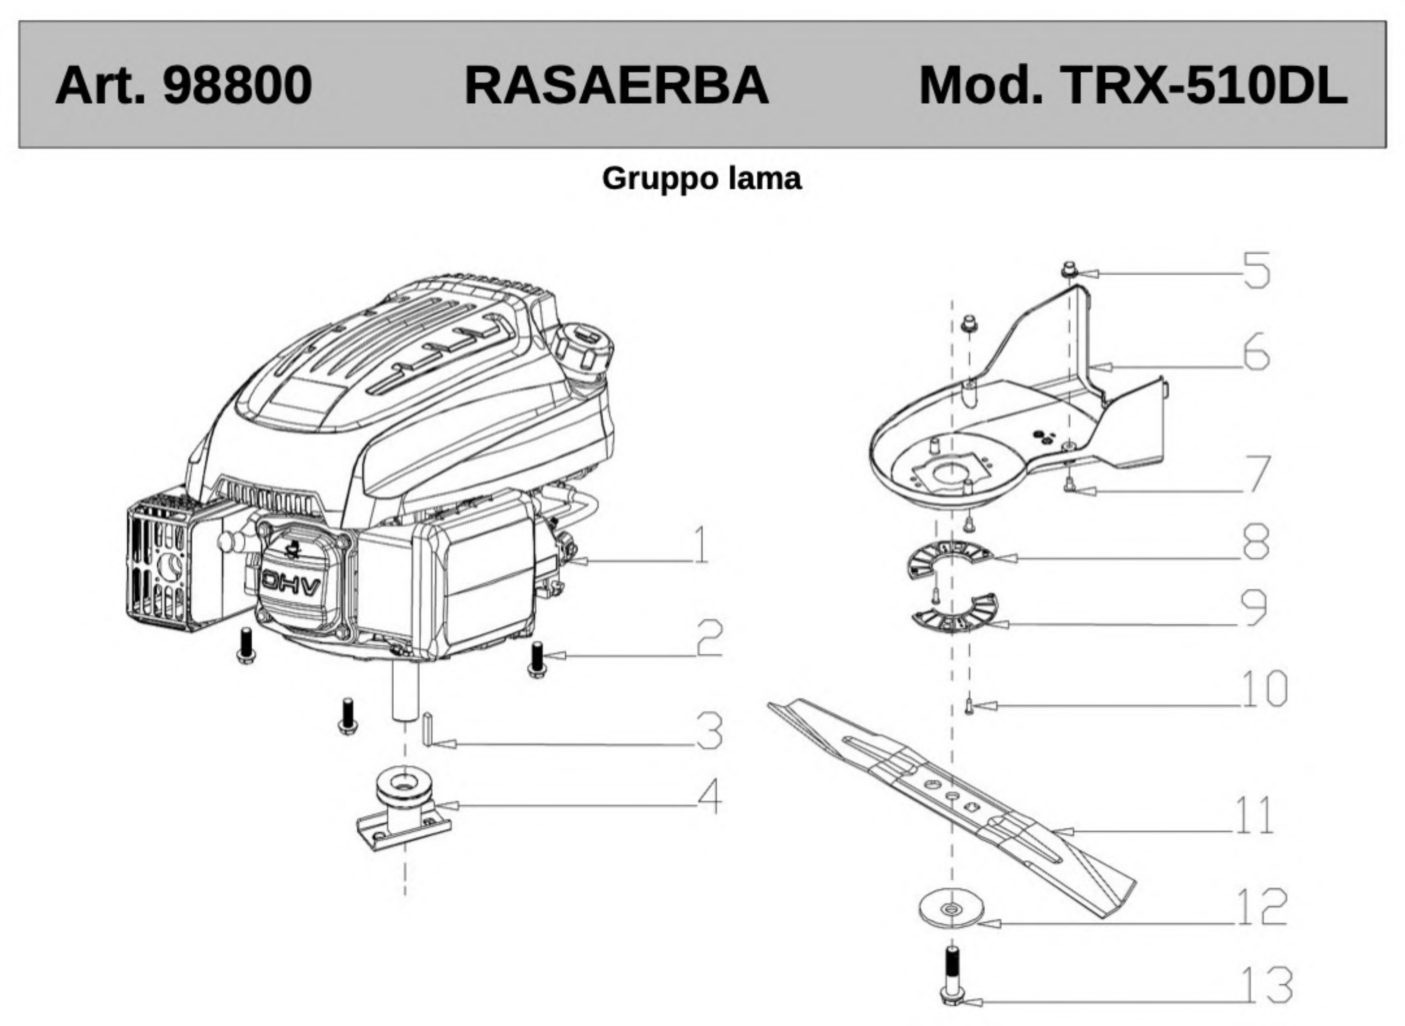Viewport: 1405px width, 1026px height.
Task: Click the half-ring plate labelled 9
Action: coord(960,621)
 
